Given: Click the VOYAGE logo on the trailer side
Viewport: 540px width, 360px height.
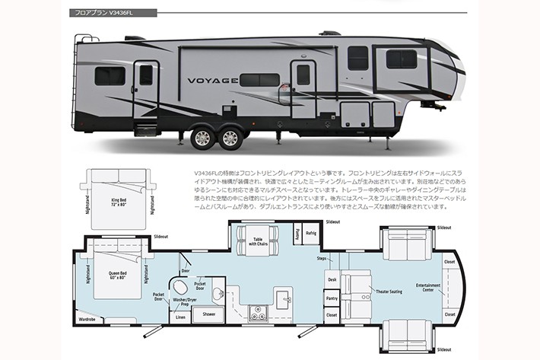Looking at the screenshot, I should pyautogui.click(x=213, y=79).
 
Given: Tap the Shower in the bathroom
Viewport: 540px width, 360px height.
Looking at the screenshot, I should pyautogui.click(x=209, y=314).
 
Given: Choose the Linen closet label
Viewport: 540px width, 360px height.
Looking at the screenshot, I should pyautogui.click(x=180, y=317).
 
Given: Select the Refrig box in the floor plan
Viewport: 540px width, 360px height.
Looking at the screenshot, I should pyautogui.click(x=310, y=233).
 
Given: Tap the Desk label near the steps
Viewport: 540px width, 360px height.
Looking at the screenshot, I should pyautogui.click(x=332, y=279).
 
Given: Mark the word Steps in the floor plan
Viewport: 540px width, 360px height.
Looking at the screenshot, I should pyautogui.click(x=322, y=259).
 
